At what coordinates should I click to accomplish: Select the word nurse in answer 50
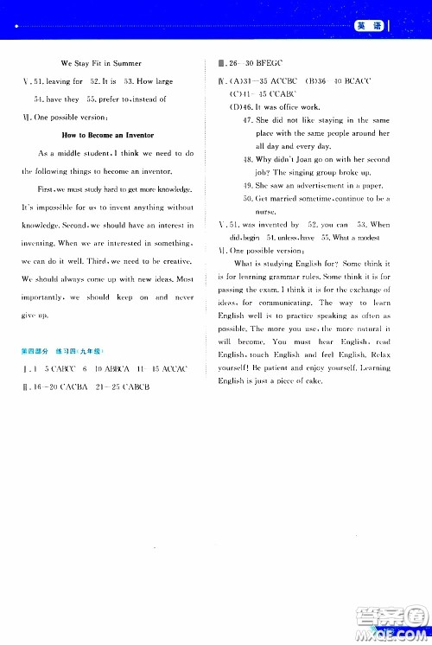click(x=268, y=211)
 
